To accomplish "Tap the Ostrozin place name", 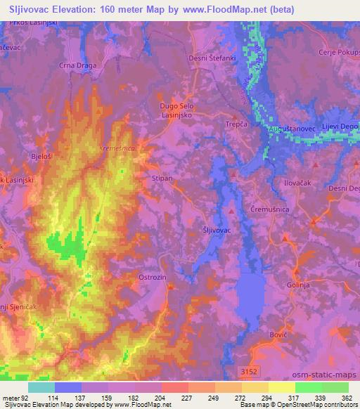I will coord(151,277).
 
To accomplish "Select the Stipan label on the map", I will coord(162,179).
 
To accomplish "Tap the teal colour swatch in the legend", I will coord(41,387).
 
